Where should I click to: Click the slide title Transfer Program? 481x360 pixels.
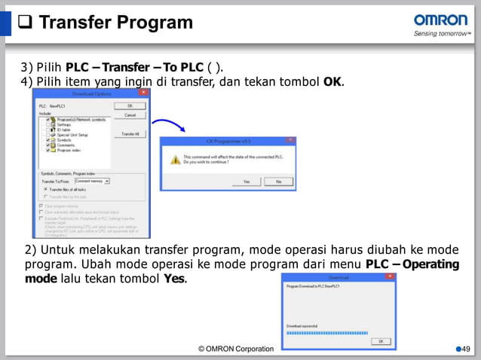115,23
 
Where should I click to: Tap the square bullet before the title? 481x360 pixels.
24,23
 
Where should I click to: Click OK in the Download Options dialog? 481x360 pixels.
130,105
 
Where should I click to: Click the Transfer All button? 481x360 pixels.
130,133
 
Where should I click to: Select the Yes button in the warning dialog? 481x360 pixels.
245,182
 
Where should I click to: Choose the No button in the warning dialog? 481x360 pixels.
278,182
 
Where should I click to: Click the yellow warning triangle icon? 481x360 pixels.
176,159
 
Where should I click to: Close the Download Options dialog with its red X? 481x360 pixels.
142,93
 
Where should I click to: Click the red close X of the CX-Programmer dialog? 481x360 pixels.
290,141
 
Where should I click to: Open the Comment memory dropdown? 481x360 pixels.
107,181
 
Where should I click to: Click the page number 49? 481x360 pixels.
465,348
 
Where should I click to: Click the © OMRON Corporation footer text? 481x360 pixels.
235,348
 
